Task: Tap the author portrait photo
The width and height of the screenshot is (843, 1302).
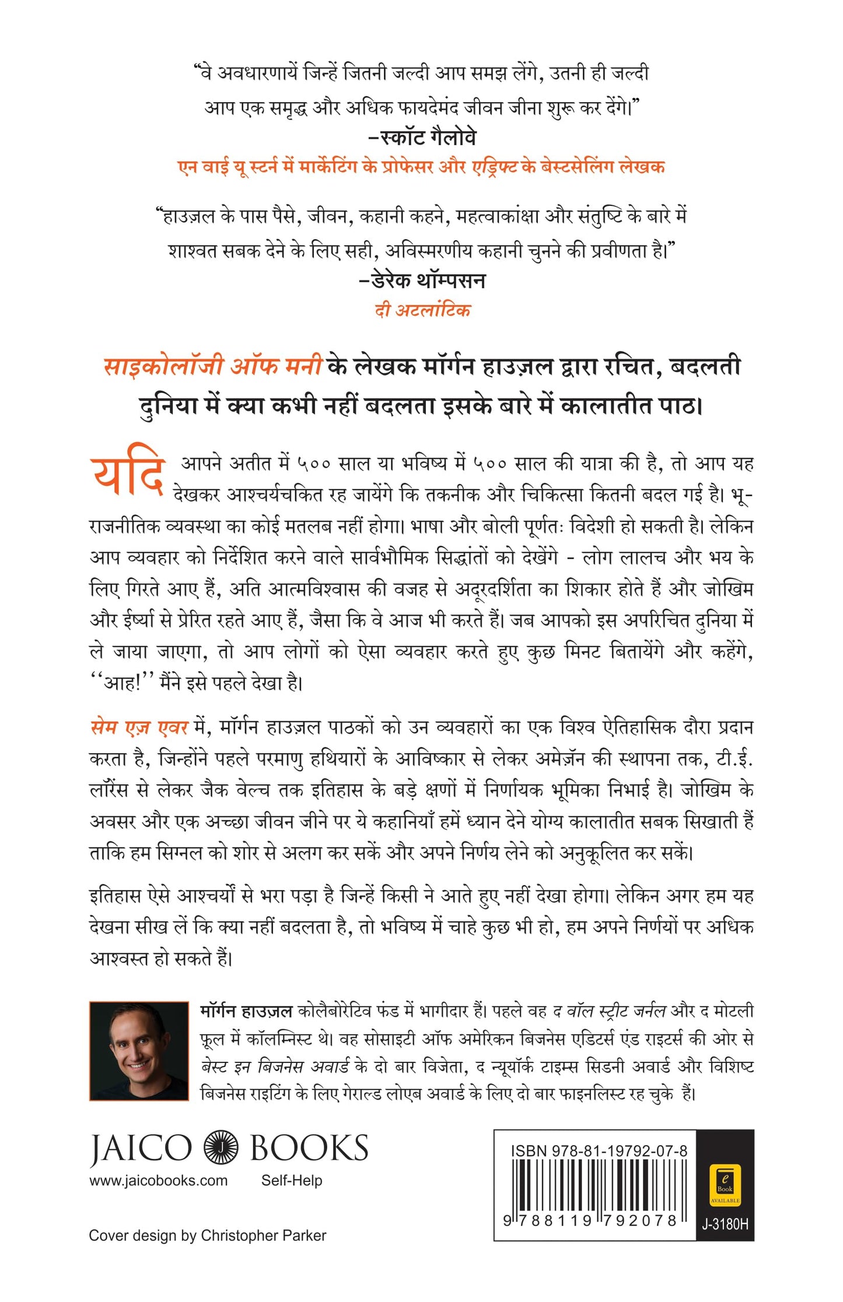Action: coord(139,1051)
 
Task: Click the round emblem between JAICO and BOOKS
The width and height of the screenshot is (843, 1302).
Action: coord(221,1147)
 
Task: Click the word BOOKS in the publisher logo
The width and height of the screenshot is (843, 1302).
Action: coord(309,1147)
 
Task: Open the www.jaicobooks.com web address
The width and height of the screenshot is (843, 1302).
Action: coord(158,1181)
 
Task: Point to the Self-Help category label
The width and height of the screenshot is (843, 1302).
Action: coord(291,1181)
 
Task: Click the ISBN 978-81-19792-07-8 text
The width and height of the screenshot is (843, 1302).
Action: coord(599,1151)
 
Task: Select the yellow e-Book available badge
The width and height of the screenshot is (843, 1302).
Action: coord(725,1184)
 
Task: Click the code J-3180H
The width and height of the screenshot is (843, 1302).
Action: coord(725,1224)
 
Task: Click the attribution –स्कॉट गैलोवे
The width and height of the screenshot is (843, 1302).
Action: coord(422,138)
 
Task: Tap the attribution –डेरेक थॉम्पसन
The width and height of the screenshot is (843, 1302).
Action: coord(422,280)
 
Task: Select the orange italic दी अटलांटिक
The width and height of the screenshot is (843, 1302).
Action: coord(422,310)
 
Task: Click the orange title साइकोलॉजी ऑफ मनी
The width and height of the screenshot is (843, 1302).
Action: coord(213,366)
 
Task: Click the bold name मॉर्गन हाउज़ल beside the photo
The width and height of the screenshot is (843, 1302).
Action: coord(246,1010)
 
